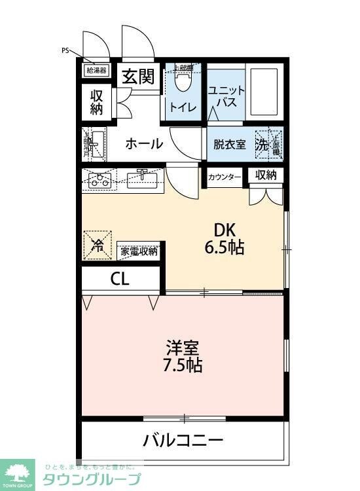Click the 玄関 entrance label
pyautogui.click(x=137, y=77)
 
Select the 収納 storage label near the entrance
pyautogui.click(x=97, y=102)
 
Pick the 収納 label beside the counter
pyautogui.click(x=266, y=175)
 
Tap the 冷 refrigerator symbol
pyautogui.click(x=98, y=246)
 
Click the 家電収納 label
pyautogui.click(x=139, y=250)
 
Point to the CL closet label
pyautogui.click(x=120, y=278)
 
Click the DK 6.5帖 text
pyautogui.click(x=226, y=240)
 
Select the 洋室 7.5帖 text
pyautogui.click(x=183, y=355)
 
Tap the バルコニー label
pyautogui.click(x=183, y=439)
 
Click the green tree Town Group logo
pyautogui.click(x=19, y=473)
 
